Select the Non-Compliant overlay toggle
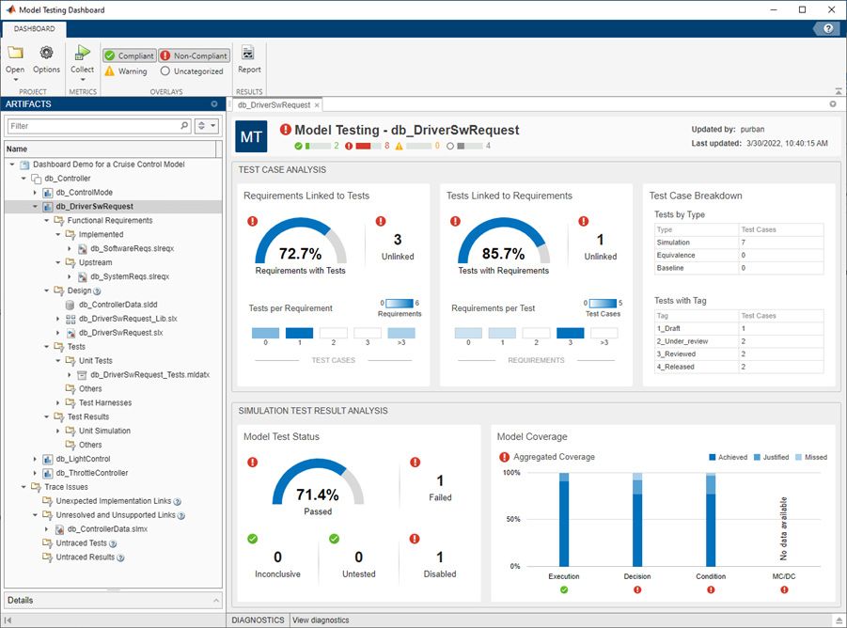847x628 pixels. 194,55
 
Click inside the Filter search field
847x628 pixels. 92,125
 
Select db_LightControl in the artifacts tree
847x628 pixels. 83,459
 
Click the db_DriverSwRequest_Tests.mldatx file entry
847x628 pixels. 149,375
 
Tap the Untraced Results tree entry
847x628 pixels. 85,557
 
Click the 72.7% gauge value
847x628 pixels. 300,254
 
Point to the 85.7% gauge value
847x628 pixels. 503,254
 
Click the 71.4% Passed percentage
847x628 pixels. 318,495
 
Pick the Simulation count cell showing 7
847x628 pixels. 744,242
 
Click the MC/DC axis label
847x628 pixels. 784,575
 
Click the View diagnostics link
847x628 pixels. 320,620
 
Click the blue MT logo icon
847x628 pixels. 251,136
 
